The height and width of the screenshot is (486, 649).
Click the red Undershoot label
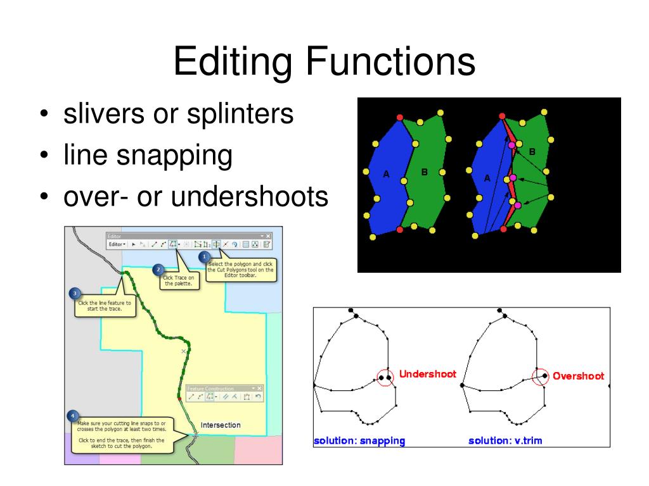point(428,374)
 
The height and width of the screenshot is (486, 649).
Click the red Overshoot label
point(578,376)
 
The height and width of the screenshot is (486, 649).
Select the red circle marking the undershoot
point(384,378)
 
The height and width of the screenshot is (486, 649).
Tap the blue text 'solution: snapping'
point(359,440)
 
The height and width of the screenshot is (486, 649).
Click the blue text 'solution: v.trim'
point(505,440)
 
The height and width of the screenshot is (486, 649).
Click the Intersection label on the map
point(221,425)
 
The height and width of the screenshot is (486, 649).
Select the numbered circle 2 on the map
point(158,269)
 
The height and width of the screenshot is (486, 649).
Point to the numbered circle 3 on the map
point(75,294)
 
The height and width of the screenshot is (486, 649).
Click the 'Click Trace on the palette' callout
point(179,281)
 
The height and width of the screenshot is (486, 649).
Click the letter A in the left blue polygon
point(386,174)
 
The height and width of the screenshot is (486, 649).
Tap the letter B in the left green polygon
point(425,171)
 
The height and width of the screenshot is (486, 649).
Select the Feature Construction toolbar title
point(212,389)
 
